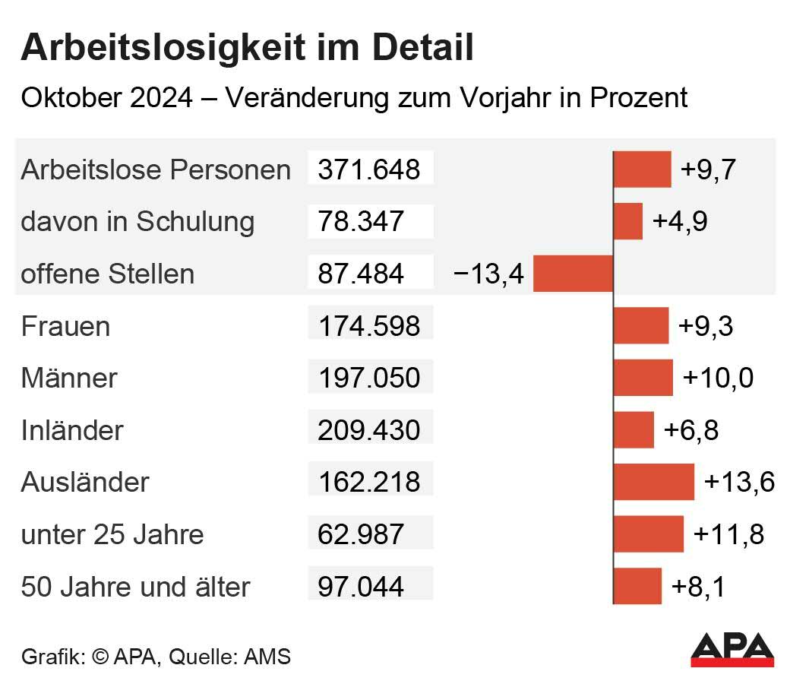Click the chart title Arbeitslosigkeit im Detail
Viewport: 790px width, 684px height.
click(x=248, y=47)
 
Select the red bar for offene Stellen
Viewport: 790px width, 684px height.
click(x=573, y=274)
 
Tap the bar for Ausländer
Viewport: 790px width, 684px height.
click(x=654, y=482)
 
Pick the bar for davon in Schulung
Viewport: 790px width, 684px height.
click(x=628, y=221)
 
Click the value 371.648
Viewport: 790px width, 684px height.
click(x=369, y=169)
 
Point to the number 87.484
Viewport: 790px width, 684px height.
click(x=361, y=274)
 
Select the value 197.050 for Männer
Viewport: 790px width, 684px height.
click(x=369, y=378)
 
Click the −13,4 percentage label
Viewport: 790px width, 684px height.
click(x=488, y=274)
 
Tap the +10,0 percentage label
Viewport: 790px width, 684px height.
click(x=718, y=378)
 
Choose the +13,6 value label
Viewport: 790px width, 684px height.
click(x=739, y=482)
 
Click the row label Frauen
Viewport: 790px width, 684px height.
click(x=65, y=326)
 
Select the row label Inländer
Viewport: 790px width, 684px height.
click(x=72, y=430)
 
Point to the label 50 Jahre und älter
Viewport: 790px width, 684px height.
click(x=135, y=587)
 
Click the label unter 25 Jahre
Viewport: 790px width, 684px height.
click(x=112, y=534)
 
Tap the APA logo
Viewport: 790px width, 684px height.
click(x=732, y=651)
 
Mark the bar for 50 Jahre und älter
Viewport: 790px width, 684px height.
click(x=637, y=587)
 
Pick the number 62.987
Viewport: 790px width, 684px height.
click(x=361, y=534)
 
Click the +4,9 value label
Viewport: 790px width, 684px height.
click(x=680, y=221)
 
